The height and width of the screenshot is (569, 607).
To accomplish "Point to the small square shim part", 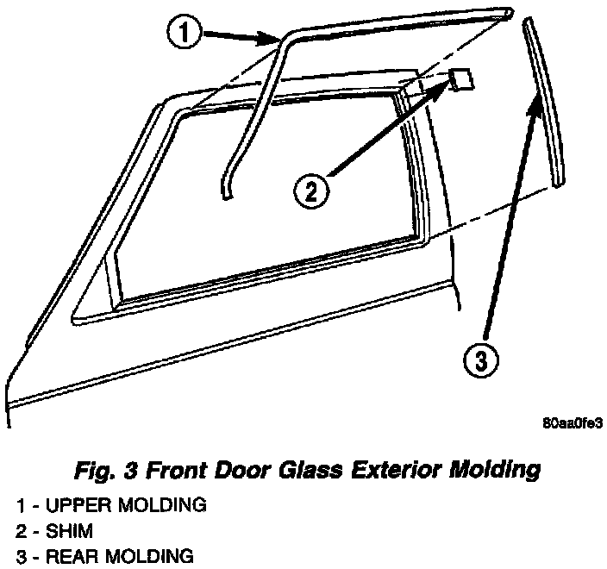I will (x=461, y=79).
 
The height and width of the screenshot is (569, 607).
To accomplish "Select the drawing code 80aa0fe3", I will (x=571, y=424).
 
